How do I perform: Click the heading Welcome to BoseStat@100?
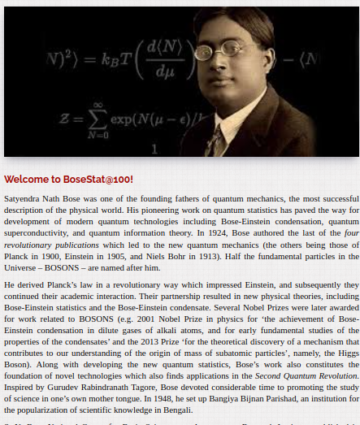(68, 179)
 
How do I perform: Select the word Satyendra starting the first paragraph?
(24, 198)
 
